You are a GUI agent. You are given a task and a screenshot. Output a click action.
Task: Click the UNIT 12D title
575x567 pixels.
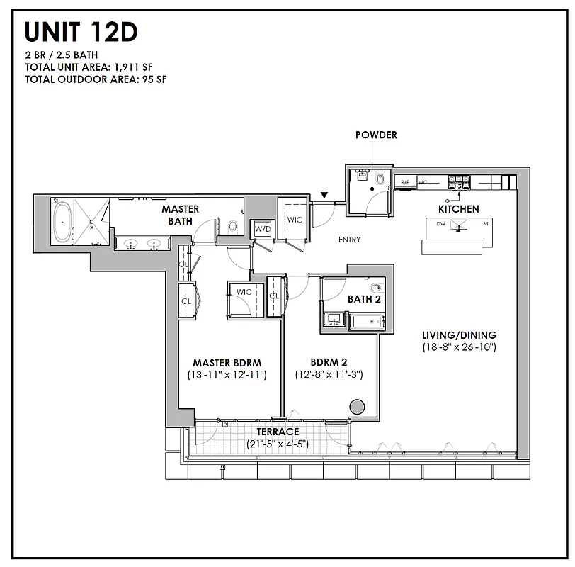coord(81,32)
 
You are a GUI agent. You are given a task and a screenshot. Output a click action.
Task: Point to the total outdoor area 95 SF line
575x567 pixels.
coord(96,79)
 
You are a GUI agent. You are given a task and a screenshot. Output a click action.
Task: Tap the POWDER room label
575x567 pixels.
coord(376,135)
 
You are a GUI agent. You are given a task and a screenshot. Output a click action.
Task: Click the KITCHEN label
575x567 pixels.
coord(458,209)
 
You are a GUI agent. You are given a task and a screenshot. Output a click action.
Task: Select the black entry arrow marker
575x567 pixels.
coord(324,195)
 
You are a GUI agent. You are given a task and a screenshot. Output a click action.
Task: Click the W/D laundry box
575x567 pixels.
coord(263,230)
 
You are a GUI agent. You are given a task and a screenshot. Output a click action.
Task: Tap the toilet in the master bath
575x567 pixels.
coord(232,228)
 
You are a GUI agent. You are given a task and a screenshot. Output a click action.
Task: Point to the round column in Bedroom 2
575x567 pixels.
coord(358,407)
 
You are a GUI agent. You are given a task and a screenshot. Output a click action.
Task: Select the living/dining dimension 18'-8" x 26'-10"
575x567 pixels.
coord(459,347)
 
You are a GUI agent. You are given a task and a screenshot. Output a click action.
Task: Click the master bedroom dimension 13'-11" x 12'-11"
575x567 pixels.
coord(227,374)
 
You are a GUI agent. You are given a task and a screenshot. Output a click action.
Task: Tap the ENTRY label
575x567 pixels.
coord(349,240)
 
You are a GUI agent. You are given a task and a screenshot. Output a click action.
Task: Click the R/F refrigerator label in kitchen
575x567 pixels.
coord(404,182)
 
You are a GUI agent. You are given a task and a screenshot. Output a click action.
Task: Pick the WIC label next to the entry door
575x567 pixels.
coord(295,220)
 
